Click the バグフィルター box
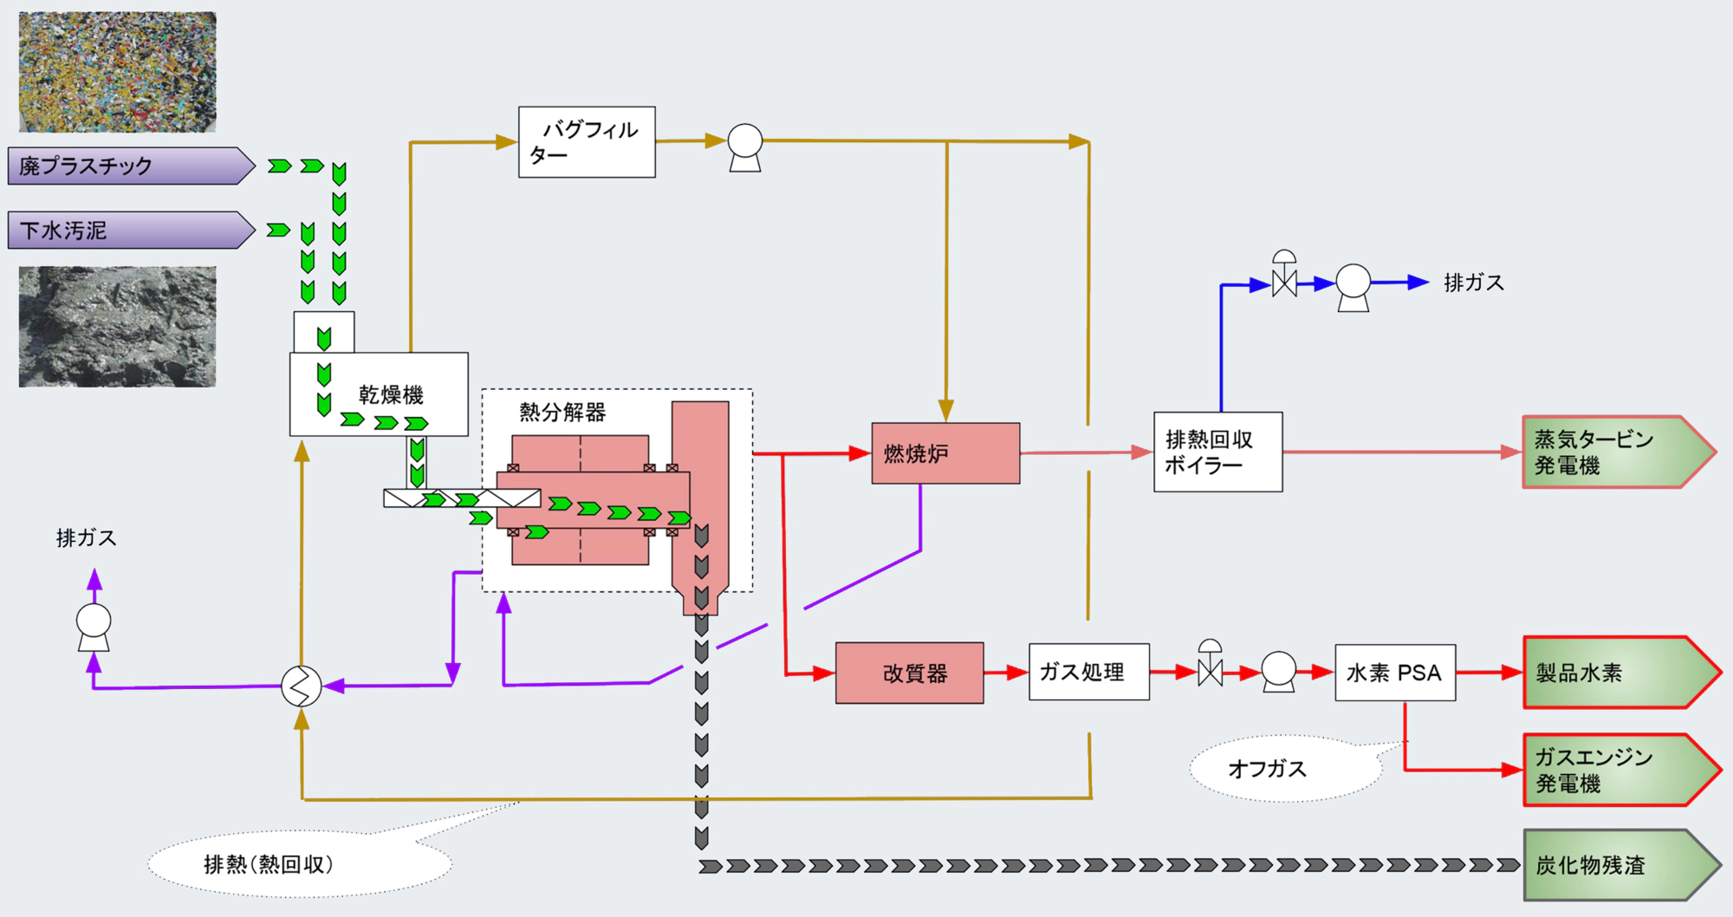pos(587,142)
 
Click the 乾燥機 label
pos(391,395)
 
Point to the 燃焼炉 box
pos(945,453)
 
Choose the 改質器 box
pos(909,673)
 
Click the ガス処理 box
pos(1088,672)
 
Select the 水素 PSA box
pos(1394,673)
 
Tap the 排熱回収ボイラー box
pos(1217,452)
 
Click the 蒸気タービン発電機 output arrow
pos(1612,452)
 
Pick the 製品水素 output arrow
pos(1613,673)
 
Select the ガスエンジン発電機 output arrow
pos(1613,771)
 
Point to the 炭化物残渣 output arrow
pos(1613,865)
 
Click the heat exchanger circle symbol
pos(301,686)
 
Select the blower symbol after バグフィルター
pos(745,146)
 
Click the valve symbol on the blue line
pos(1284,279)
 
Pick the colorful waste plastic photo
pos(118,72)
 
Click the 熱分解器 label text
pos(562,413)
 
